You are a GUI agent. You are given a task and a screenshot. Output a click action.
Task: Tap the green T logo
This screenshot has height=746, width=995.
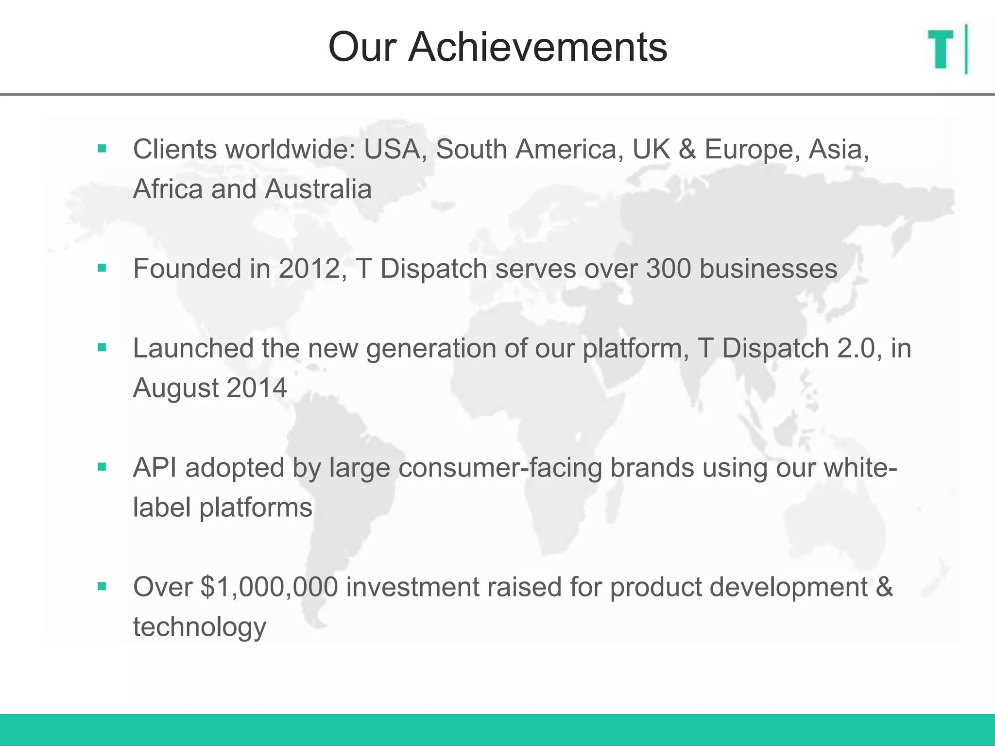coord(941,49)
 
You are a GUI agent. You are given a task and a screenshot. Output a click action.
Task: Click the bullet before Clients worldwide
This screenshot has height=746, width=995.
coord(102,149)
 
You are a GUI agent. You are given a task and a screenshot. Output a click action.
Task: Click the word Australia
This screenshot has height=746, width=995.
coord(318,189)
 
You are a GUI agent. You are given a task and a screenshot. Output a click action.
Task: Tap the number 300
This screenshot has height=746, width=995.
coord(668,269)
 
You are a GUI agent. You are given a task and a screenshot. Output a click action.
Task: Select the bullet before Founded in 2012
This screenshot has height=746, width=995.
coord(102,268)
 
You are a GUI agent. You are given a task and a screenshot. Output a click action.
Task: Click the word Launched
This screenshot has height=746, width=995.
coord(193,348)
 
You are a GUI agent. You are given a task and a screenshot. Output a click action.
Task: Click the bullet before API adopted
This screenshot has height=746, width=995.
coord(102,467)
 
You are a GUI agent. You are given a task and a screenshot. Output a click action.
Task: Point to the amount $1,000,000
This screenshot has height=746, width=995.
coord(269,587)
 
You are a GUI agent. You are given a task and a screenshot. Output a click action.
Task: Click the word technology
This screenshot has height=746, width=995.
coord(200,627)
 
